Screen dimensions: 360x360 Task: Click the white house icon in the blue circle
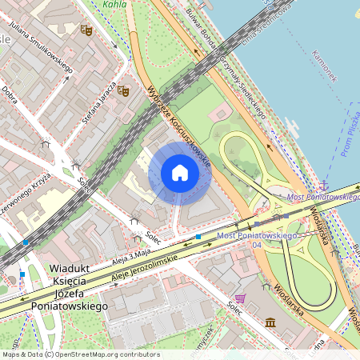tap(180, 173)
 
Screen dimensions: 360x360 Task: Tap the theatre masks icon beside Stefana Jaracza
tap(123, 91)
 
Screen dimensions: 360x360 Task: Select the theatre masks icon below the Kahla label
tap(86, 30)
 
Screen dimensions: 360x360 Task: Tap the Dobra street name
tap(10, 94)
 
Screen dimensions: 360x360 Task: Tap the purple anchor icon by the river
tap(324, 186)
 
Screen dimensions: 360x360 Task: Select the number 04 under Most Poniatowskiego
tap(256, 246)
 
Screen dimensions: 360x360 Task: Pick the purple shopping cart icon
tap(241, 298)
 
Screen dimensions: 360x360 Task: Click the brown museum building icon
tap(270, 322)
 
